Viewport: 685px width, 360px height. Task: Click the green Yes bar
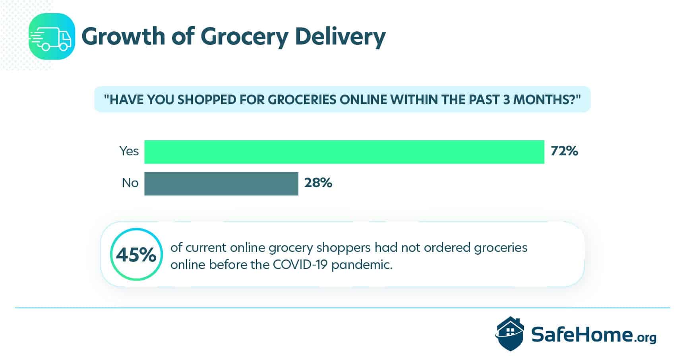[x=344, y=152]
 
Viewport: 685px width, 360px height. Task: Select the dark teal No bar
[x=221, y=184]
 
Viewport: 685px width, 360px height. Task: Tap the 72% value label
[x=564, y=151]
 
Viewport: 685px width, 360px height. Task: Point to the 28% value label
[x=318, y=183]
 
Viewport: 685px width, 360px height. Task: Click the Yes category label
[x=129, y=151]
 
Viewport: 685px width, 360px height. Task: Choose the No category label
[x=130, y=183]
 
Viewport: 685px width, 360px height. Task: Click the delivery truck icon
[x=52, y=37]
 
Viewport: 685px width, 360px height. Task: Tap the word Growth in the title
[x=123, y=36]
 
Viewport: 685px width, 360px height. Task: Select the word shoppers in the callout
[x=343, y=248]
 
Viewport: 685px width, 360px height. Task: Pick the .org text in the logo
[x=645, y=338]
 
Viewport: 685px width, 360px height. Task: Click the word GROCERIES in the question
[x=302, y=99]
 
